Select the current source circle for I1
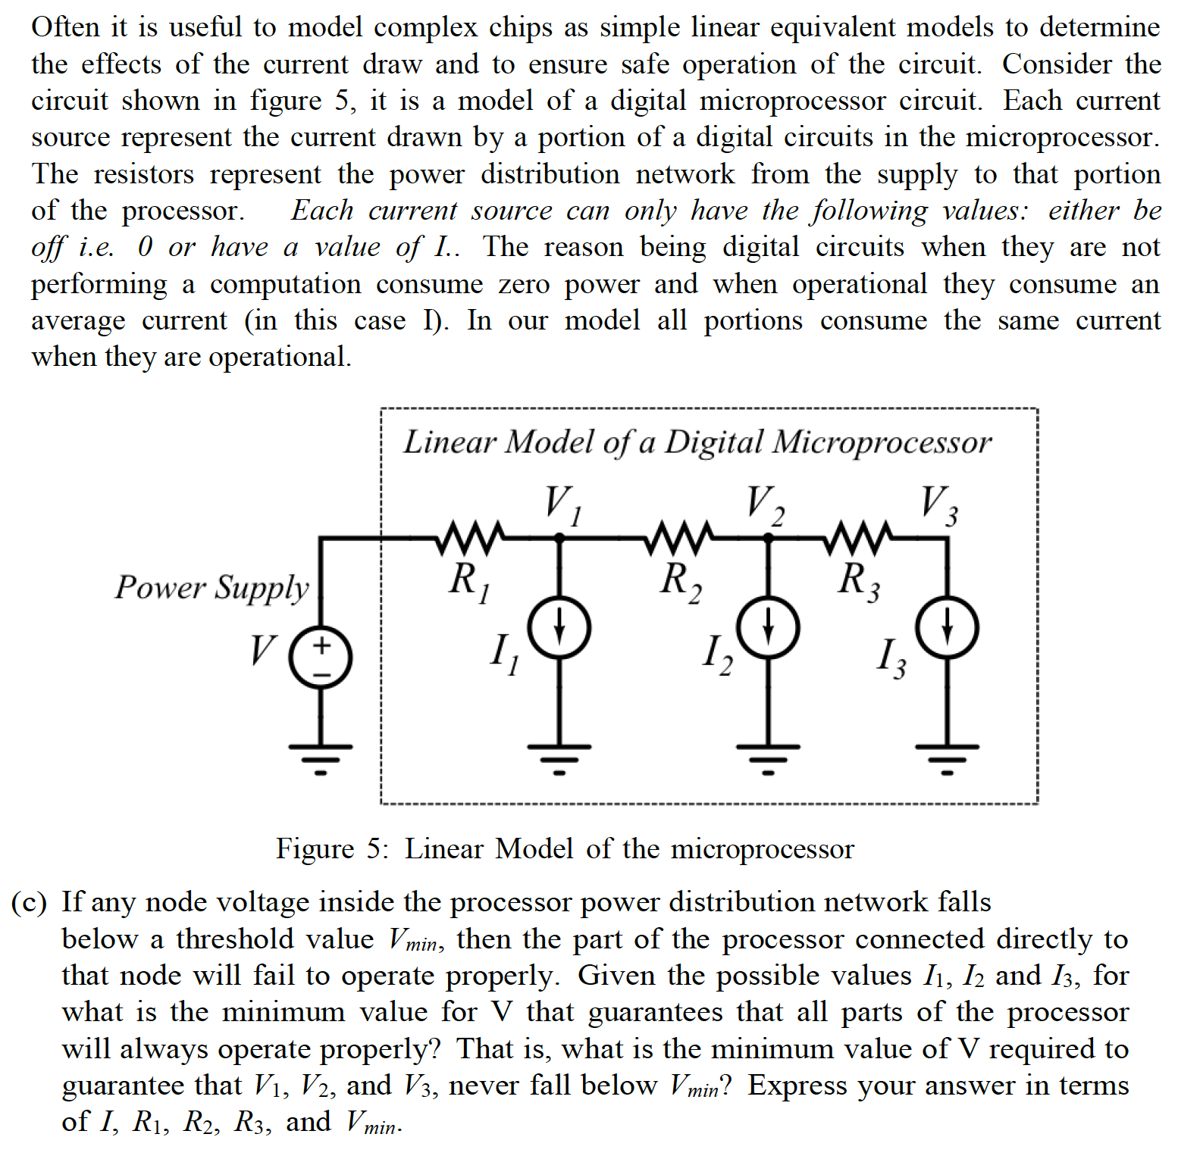tap(559, 628)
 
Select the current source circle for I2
tap(768, 628)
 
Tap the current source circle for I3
tap(947, 628)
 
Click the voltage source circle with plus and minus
tap(321, 658)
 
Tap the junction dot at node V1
tap(559, 538)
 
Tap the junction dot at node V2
tap(768, 538)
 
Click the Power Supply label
tap(211, 588)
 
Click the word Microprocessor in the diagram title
tap(882, 442)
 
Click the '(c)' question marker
tap(29, 903)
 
